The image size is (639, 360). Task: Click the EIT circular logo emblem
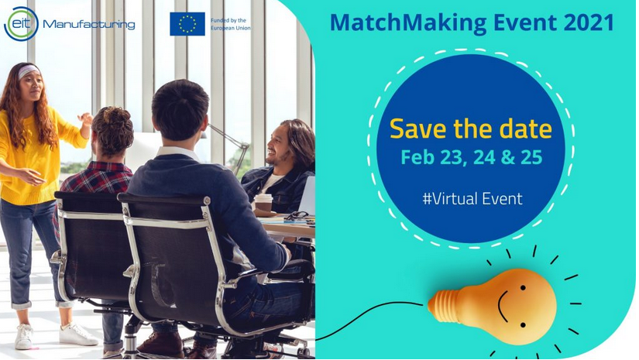click(21, 24)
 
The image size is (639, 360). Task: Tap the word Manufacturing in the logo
click(89, 25)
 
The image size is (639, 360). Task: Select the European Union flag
click(187, 24)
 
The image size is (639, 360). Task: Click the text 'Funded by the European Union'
click(231, 25)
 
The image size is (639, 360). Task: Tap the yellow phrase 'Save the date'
click(471, 129)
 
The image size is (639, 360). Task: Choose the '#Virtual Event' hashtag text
click(472, 199)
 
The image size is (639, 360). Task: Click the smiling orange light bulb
click(493, 306)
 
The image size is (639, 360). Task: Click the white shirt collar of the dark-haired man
click(176, 153)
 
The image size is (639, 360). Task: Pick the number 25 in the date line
click(531, 157)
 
